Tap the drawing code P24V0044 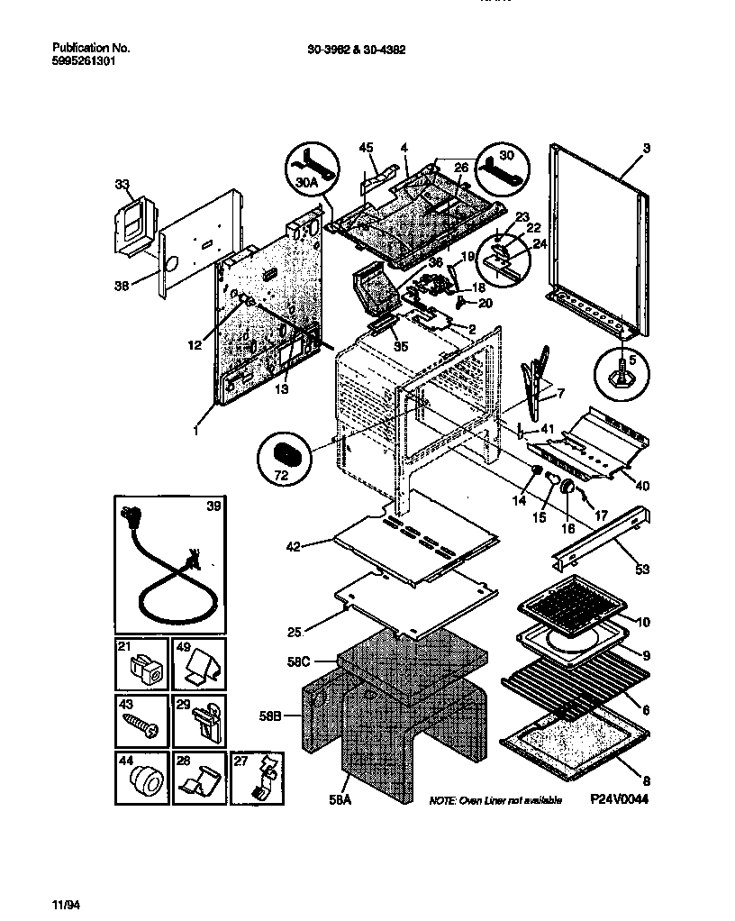click(x=620, y=799)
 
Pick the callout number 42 click(x=295, y=545)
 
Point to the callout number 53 click(x=643, y=568)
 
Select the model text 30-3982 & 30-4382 click(x=350, y=50)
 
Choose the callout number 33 click(x=122, y=184)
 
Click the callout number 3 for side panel click(x=646, y=147)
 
